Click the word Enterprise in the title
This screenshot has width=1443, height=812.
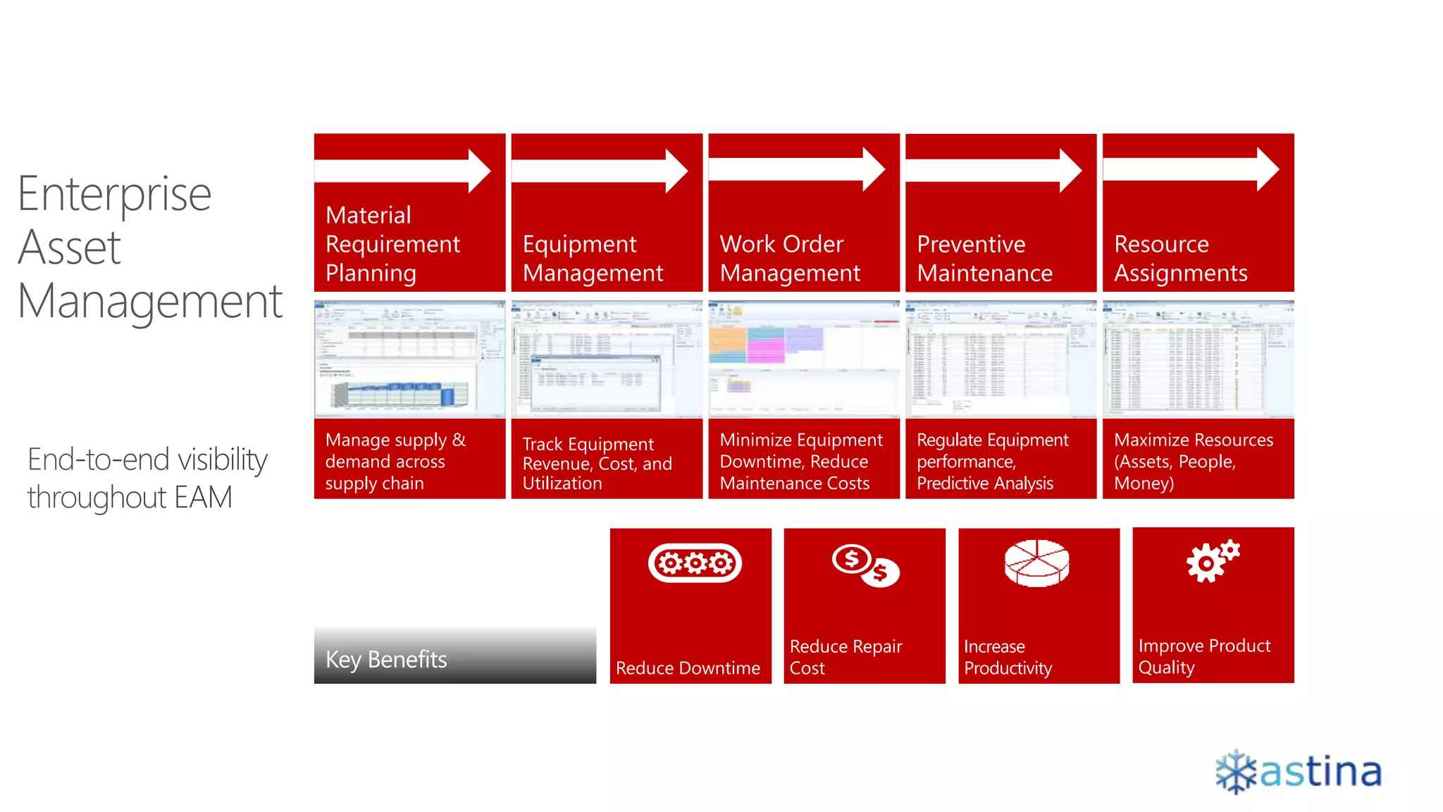[x=114, y=194]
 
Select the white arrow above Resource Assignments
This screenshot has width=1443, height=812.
[x=1191, y=169]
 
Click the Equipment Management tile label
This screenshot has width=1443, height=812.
[x=593, y=258]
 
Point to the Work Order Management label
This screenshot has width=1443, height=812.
[x=790, y=258]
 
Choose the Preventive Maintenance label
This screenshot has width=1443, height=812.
[x=984, y=258]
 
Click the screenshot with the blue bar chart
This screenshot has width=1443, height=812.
[x=409, y=359]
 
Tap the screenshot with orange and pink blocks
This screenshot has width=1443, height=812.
[x=803, y=359]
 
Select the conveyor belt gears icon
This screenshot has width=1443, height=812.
[x=695, y=563]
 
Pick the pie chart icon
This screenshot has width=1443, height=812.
[x=1036, y=563]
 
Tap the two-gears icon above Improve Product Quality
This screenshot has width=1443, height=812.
[x=1212, y=561]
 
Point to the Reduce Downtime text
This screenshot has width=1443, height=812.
[x=688, y=668]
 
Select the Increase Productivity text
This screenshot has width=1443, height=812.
[x=1008, y=657]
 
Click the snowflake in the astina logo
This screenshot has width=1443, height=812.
[x=1236, y=772]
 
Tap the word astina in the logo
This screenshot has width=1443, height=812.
[x=1320, y=772]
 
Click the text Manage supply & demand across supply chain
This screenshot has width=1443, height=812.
[x=395, y=461]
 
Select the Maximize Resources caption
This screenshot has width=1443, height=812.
[x=1193, y=461]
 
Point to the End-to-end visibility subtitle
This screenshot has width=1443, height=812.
[x=147, y=479]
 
